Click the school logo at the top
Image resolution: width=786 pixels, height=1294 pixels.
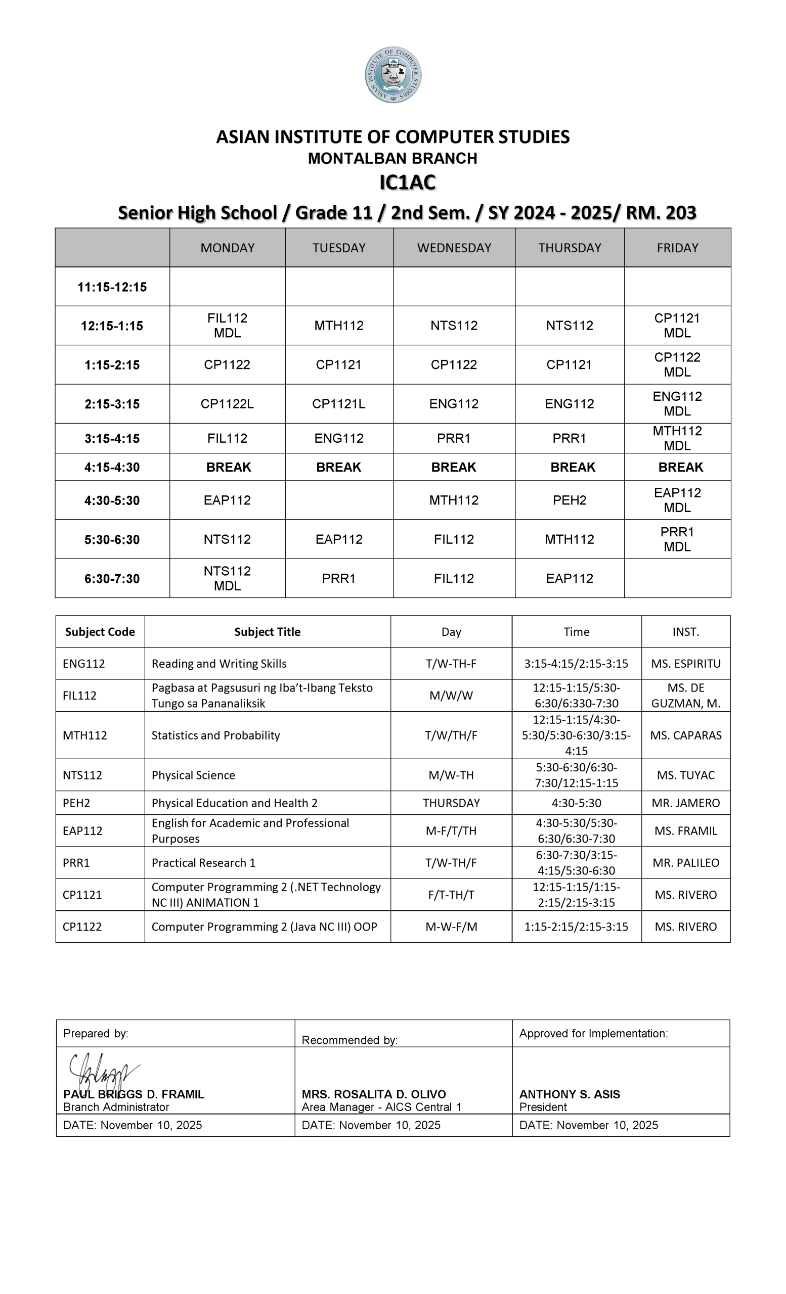coord(393,75)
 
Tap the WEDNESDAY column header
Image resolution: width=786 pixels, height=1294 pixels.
coord(454,248)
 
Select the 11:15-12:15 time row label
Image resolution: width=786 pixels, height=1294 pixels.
coord(112,287)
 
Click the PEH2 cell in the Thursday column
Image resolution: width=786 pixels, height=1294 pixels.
coord(569,500)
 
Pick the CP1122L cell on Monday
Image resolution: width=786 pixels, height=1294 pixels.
coord(227,404)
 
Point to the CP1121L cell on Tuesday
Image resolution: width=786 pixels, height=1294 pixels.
coord(338,404)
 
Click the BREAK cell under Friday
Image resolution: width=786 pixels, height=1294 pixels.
coord(680,468)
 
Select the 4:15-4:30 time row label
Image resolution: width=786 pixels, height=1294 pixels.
coord(112,468)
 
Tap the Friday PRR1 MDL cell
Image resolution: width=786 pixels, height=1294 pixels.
coord(677,539)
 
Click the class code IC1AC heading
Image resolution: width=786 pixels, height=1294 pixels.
coord(407,183)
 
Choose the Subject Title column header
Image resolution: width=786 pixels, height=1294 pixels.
coord(267,632)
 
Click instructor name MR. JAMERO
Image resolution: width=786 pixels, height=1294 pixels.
coord(686,803)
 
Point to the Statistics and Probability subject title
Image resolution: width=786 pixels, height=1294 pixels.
coord(215,735)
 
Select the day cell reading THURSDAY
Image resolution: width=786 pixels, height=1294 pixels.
coord(451,803)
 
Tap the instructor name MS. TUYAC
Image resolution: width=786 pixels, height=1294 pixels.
coord(686,775)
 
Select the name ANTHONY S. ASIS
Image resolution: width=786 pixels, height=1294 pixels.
coord(570,1094)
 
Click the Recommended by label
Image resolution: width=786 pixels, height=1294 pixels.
coord(350,1040)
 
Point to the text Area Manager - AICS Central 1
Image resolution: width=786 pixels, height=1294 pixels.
coord(381,1107)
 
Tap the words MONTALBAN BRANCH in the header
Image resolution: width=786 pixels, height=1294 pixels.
coord(392,159)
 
